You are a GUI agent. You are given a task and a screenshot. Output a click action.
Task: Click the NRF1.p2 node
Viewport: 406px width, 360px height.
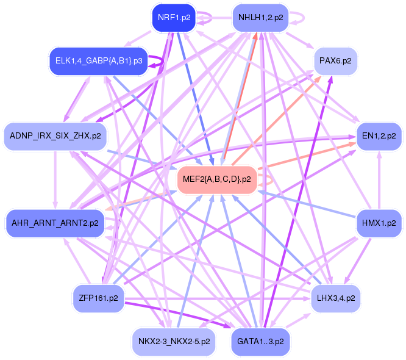pyautogui.click(x=174, y=18)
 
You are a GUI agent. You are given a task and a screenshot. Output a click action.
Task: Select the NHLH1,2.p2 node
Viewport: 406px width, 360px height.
pyautogui.click(x=260, y=18)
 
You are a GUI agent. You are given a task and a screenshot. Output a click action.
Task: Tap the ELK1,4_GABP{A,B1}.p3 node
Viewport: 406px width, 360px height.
pyautogui.click(x=99, y=61)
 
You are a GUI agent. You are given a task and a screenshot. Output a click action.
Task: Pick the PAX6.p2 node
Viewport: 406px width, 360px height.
pyautogui.click(x=335, y=61)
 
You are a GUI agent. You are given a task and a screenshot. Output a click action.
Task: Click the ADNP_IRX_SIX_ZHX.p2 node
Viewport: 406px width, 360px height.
pyautogui.click(x=55, y=136)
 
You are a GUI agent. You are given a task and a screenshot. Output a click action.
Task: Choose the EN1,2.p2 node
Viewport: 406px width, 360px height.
pyautogui.click(x=379, y=136)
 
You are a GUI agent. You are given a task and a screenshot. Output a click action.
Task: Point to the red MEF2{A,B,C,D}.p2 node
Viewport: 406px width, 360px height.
pyautogui.click(x=217, y=179)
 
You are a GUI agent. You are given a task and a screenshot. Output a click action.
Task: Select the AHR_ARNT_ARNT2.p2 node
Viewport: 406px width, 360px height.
pyautogui.click(x=55, y=223)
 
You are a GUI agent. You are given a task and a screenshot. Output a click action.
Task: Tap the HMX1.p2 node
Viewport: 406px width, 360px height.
pyautogui.click(x=379, y=223)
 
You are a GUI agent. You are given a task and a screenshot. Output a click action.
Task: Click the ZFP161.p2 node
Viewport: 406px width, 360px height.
pyautogui.click(x=98, y=298)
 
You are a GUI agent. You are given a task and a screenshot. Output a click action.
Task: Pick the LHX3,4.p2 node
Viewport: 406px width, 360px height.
pyautogui.click(x=336, y=298)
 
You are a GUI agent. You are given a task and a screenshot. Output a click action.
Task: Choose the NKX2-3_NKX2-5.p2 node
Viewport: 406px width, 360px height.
pyautogui.click(x=174, y=342)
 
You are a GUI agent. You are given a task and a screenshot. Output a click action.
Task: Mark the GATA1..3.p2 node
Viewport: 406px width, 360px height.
pyautogui.click(x=260, y=342)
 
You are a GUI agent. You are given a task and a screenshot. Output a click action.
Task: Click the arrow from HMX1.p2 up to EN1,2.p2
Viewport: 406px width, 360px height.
pyautogui.click(x=379, y=180)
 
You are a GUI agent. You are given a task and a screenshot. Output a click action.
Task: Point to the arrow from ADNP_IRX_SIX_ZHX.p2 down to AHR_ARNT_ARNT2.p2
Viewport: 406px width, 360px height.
pyautogui.click(x=55, y=180)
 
